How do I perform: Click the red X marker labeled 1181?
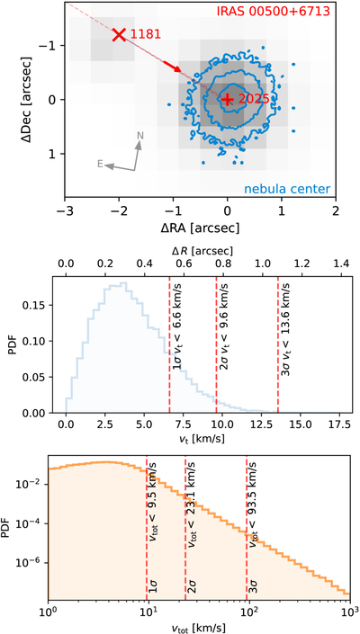click(x=119, y=34)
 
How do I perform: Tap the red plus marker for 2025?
click(x=228, y=100)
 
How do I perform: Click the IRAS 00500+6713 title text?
click(x=274, y=11)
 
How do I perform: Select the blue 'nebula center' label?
click(x=286, y=189)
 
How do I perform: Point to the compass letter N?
click(x=140, y=136)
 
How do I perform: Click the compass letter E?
click(x=100, y=164)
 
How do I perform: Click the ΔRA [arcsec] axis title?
click(x=200, y=228)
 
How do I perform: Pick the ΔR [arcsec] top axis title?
click(x=203, y=252)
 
